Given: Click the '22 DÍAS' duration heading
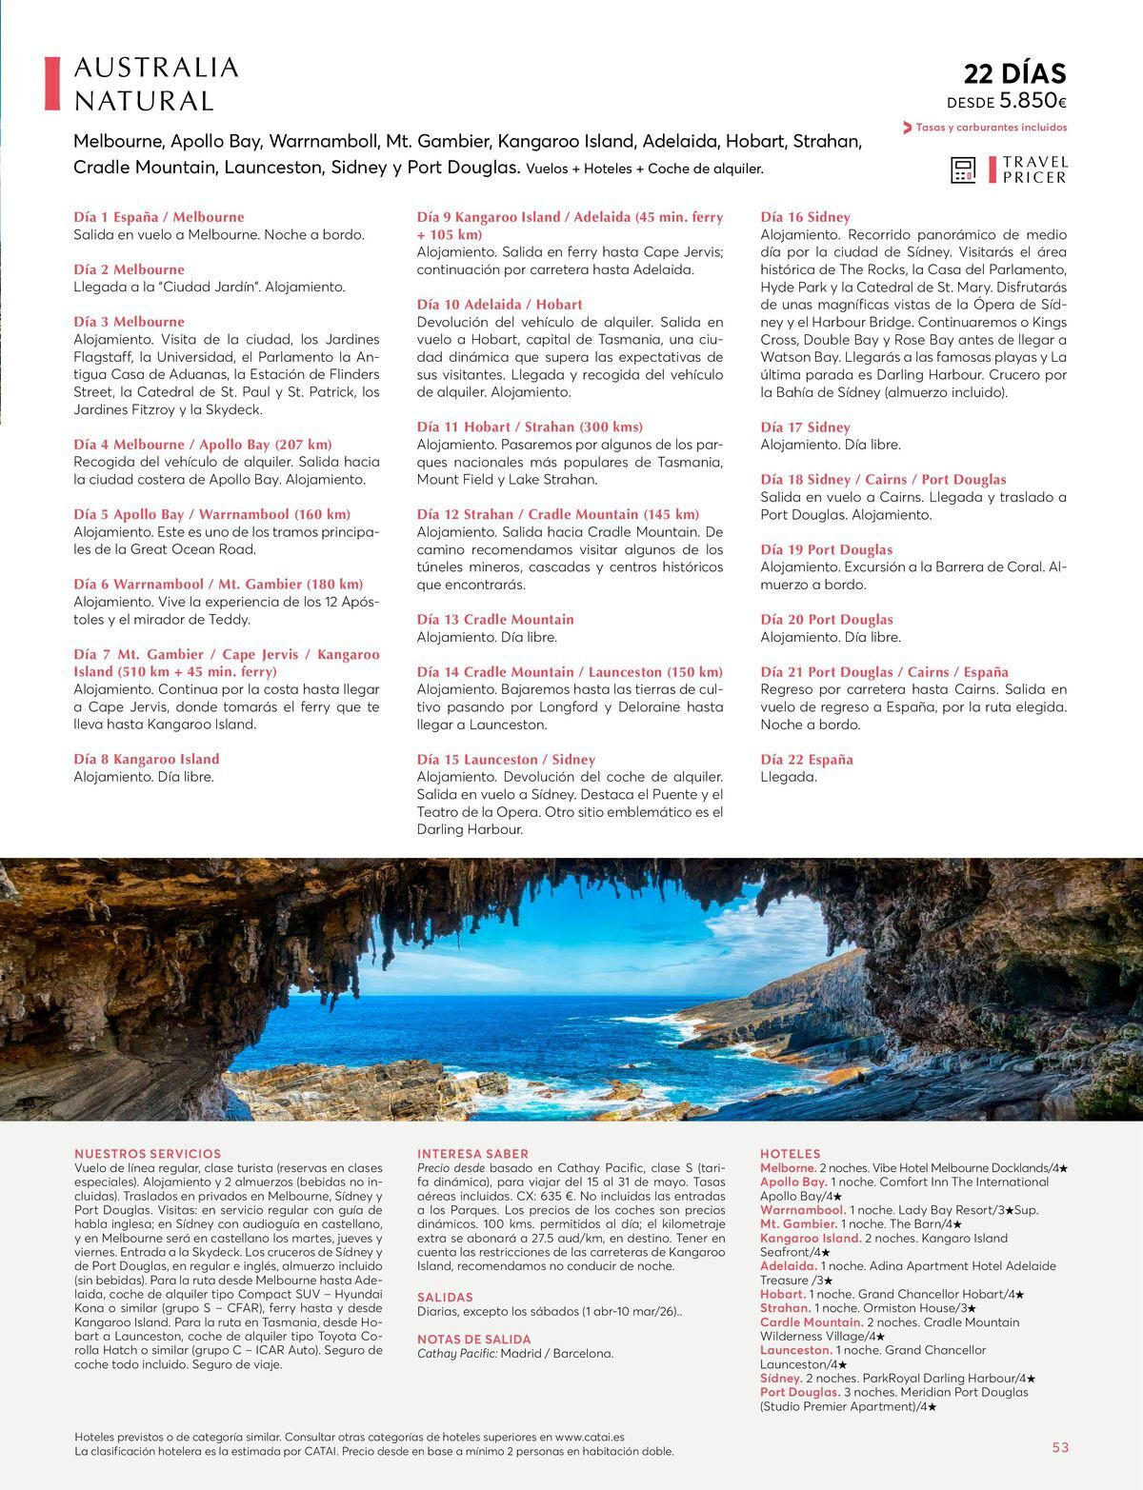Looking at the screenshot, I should pos(1014,73).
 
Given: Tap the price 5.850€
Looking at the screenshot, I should pos(1033,101).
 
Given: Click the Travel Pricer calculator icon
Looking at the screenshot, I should pos(963,169).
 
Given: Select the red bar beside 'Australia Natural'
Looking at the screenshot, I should pos(52,84).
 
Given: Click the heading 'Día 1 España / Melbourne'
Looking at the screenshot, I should pos(159,217).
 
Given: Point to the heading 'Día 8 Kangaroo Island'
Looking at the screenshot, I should pos(147,759).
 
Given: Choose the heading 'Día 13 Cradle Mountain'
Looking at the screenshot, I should pos(495,619).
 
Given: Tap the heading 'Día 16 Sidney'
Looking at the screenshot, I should pos(805,217).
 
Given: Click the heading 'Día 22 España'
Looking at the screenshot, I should pos(807,759).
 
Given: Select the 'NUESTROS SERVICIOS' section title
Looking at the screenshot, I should pos(148,1153).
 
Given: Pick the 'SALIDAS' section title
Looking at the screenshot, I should pos(445,1297).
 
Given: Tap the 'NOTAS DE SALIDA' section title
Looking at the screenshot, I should pos(474,1339).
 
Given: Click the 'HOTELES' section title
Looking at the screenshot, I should pos(790,1153).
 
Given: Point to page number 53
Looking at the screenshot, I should pos(1060,1447).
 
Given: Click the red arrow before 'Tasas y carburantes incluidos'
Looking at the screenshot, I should pos(907,128).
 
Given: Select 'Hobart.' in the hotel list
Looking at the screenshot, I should pos(783,1294).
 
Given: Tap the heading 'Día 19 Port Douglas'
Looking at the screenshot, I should pos(827,549).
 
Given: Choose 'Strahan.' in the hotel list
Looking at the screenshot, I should pos(785,1308).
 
